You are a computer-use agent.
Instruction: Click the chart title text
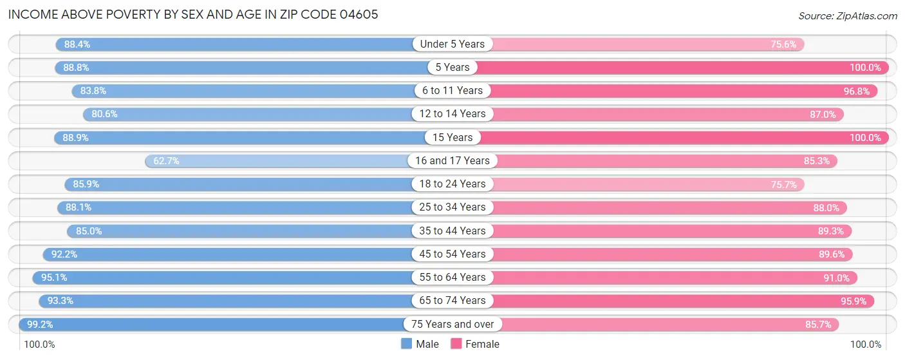[x=193, y=15]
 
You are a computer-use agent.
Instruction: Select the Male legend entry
[x=420, y=344]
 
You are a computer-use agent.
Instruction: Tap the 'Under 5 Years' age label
[x=452, y=44]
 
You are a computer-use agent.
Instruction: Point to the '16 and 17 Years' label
[x=452, y=160]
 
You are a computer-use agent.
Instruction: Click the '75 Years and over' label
[x=452, y=324]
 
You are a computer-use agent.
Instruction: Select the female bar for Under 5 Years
[x=644, y=44]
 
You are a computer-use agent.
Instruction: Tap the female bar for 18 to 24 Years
[x=644, y=184]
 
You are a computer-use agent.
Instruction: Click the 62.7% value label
[x=166, y=160]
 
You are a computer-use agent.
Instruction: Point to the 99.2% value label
[x=40, y=324]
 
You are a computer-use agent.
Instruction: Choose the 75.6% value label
[x=784, y=44]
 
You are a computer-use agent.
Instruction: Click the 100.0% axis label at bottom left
[x=40, y=345]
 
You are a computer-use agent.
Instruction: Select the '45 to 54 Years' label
[x=452, y=254]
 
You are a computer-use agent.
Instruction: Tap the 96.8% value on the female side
[x=857, y=91]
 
